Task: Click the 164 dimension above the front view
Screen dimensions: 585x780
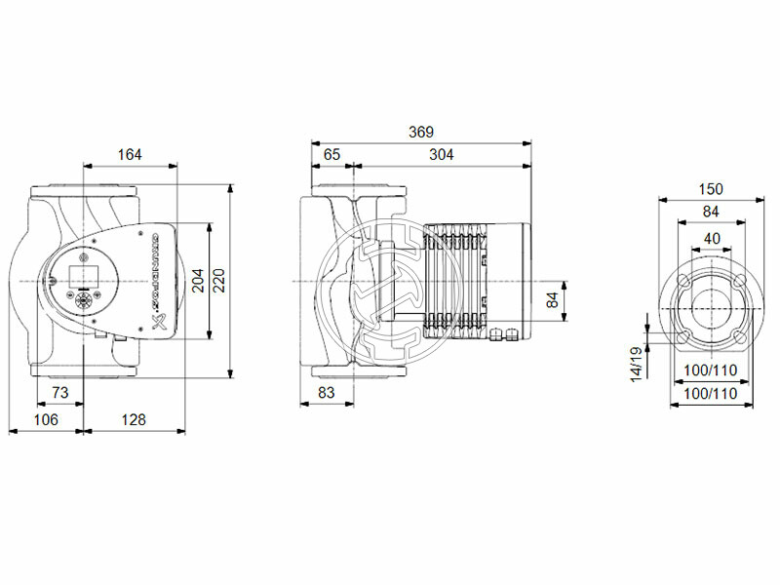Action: [x=129, y=154]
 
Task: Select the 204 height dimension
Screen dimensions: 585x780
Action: [x=198, y=281]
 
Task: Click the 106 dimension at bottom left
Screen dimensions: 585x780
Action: [x=45, y=419]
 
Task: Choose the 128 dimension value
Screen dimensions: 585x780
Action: [x=133, y=419]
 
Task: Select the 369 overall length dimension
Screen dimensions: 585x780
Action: [x=420, y=132]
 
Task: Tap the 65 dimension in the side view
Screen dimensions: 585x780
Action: [x=331, y=154]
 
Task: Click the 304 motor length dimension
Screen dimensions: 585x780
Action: [x=440, y=154]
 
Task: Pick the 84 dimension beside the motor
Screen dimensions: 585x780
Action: [x=553, y=299]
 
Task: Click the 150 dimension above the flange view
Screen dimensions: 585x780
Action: [x=711, y=189]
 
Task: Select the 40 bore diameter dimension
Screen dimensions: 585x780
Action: [x=711, y=238]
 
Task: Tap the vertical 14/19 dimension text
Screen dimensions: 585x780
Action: [x=635, y=362]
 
